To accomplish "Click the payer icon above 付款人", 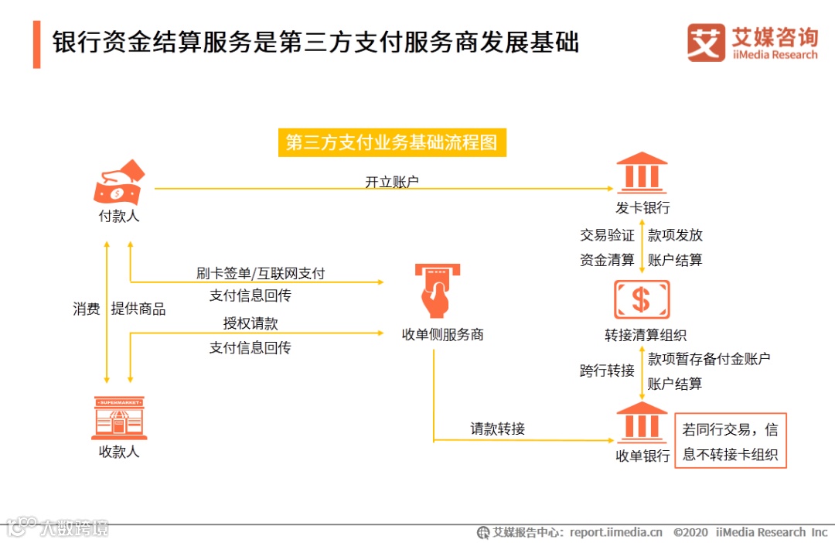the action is coord(118,182).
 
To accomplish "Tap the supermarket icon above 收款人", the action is coord(118,418).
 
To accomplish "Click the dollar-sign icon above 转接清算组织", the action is coord(642,300).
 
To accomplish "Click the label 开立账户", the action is coord(392,182).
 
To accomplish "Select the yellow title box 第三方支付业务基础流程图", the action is coord(392,143).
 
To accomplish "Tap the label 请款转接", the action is coord(498,429).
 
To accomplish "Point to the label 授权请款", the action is coord(250,323).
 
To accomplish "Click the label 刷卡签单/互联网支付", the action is coord(261,273).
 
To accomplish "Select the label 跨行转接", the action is coord(607,371).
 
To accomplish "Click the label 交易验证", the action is coord(607,235).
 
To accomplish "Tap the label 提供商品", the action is coord(138,309).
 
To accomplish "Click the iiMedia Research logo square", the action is coord(706,43).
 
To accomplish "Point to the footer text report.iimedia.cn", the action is coord(616,532).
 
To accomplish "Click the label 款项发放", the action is coord(675,235).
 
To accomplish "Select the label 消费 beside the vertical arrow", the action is coord(87,309).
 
